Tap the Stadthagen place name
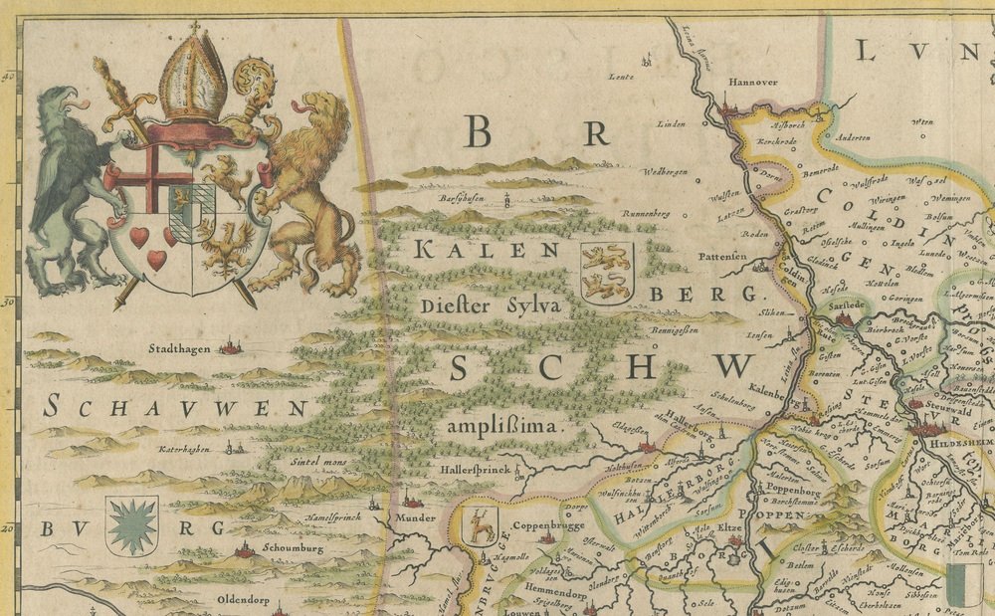[181, 349]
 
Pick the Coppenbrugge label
[543, 526]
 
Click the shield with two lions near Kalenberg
[606, 272]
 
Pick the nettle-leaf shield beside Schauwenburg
[131, 525]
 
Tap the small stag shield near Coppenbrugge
[483, 525]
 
